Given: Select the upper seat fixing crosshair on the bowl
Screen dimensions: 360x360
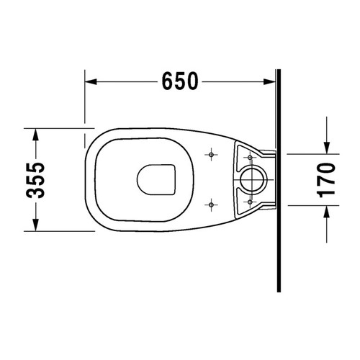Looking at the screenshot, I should click(x=210, y=153).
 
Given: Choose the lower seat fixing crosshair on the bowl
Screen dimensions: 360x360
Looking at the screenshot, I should click(x=210, y=204).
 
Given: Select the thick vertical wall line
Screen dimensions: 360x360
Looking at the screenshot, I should click(x=276, y=180).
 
